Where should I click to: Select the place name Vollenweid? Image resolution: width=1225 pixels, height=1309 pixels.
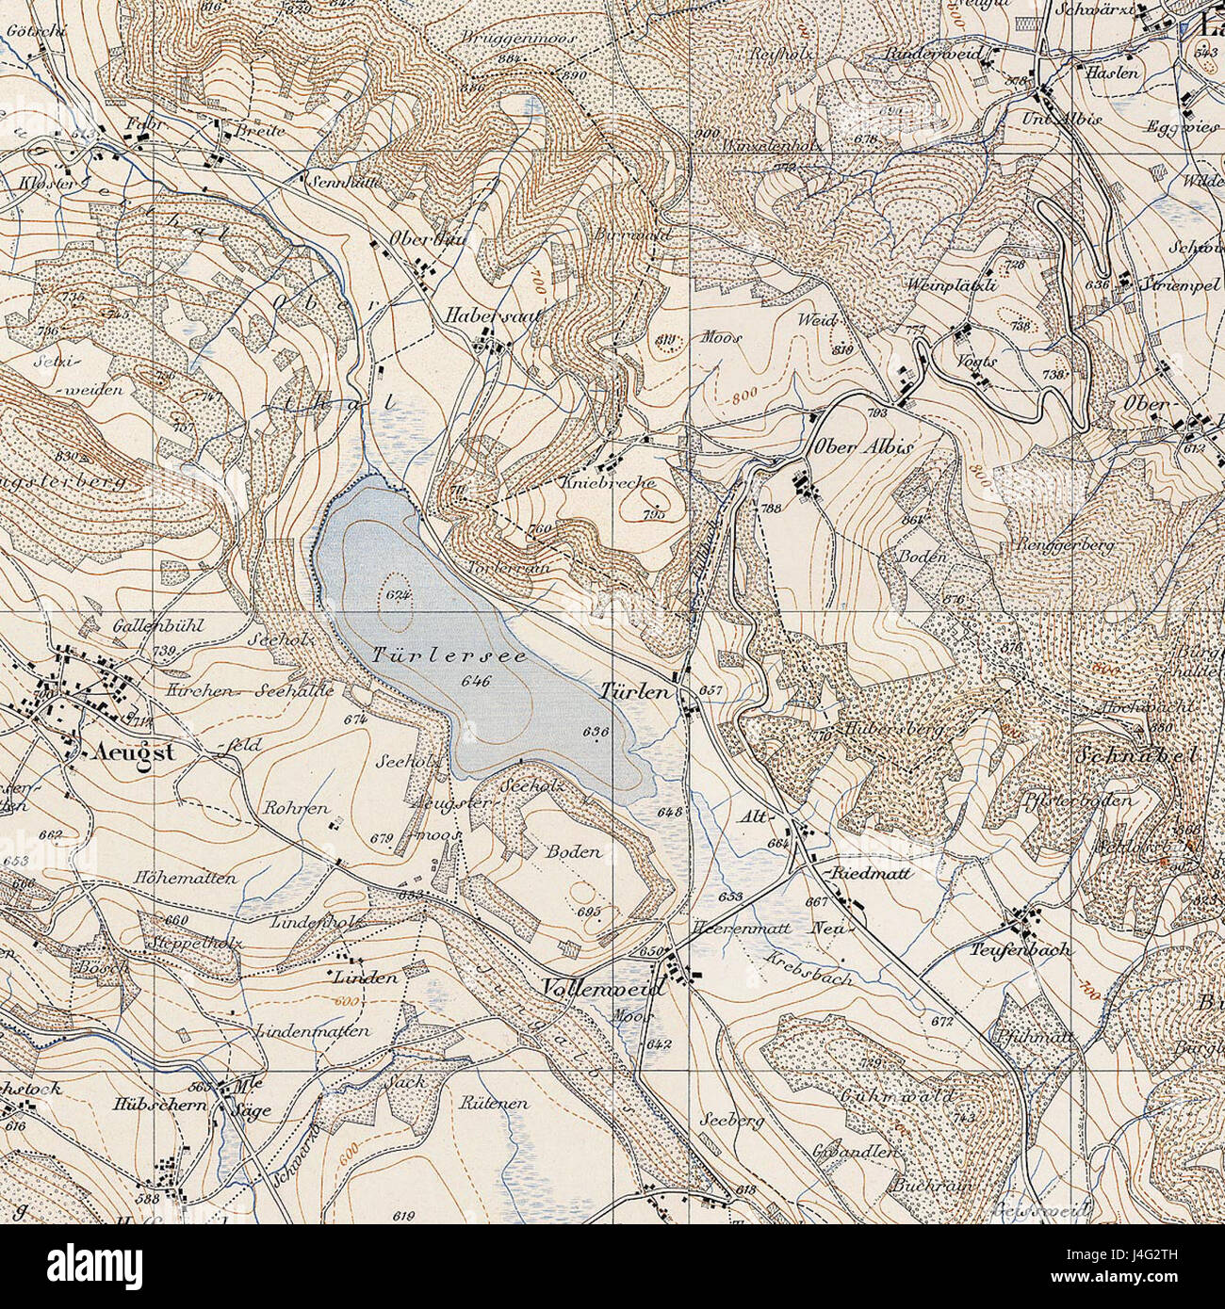603,989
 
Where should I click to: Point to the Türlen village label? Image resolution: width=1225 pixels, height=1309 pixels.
635,692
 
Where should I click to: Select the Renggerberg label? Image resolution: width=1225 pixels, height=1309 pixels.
1065,545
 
